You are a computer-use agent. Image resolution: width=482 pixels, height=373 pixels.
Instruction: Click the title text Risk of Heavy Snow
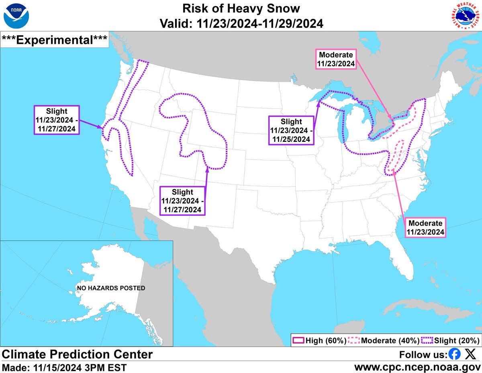[x=241, y=8]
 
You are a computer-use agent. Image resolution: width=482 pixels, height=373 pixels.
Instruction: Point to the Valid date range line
[x=241, y=23]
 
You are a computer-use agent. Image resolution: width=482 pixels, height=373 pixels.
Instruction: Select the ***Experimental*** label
[x=55, y=39]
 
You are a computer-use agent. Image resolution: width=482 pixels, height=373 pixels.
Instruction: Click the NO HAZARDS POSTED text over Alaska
[x=111, y=288]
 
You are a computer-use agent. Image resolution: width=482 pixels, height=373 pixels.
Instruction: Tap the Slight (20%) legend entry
[x=450, y=340]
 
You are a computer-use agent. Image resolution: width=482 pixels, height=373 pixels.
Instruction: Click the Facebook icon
[x=454, y=355]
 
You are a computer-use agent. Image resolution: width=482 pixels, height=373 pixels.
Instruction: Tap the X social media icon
[x=470, y=355]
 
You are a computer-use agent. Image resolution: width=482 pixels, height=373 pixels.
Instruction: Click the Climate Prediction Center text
[x=78, y=355]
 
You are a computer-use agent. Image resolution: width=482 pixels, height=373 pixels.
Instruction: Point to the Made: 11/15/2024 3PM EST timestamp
[x=64, y=367]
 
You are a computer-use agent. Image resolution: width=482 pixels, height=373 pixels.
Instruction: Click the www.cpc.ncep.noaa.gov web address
[x=417, y=367]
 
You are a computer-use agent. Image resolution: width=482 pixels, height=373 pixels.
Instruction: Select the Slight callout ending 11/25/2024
[x=291, y=131]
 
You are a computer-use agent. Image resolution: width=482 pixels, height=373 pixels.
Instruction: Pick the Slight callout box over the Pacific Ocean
[x=57, y=120]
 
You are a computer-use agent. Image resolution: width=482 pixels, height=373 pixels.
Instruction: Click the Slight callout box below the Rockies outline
[x=182, y=201]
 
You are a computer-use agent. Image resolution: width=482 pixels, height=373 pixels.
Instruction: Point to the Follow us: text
[x=423, y=355]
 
